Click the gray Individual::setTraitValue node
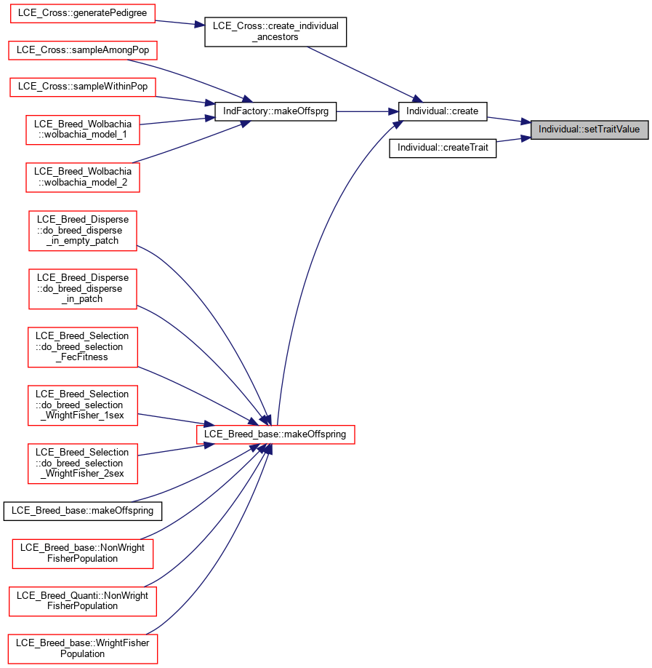(x=589, y=130)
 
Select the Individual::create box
(x=442, y=111)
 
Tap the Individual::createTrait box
(x=443, y=148)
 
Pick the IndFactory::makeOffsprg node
(x=275, y=111)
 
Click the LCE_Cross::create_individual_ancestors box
(x=275, y=32)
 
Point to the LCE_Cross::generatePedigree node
(x=83, y=13)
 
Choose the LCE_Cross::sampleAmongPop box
(x=83, y=50)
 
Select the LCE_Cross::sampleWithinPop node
(x=83, y=87)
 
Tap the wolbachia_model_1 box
(x=83, y=130)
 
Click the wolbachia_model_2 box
(x=83, y=178)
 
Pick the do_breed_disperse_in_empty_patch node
(x=83, y=231)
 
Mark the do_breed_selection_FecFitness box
(x=83, y=347)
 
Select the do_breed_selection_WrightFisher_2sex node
(x=83, y=464)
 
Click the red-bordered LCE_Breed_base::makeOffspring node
(x=275, y=434)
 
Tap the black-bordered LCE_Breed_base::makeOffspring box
(x=83, y=511)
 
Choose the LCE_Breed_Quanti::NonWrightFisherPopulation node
(x=83, y=601)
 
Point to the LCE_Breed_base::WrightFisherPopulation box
(x=83, y=649)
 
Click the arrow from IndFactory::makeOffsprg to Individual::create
(x=367, y=111)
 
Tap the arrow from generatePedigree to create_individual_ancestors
(x=180, y=23)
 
